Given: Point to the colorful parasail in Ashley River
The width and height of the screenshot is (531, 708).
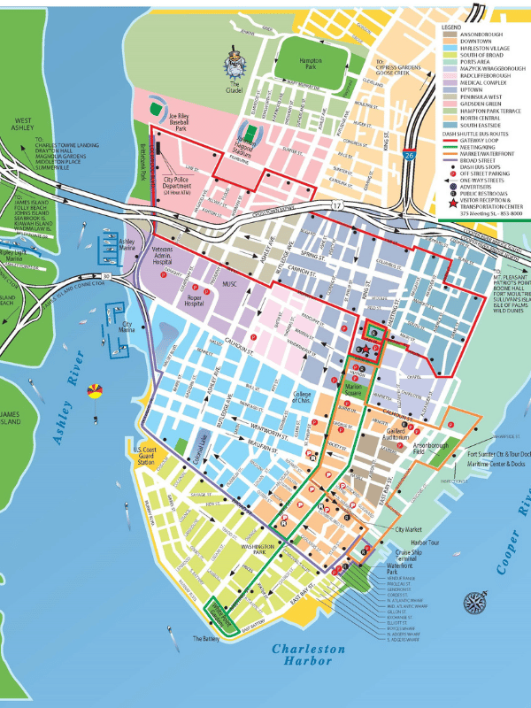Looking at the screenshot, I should coord(94,389).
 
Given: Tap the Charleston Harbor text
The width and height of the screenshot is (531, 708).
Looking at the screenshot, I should coord(308,656).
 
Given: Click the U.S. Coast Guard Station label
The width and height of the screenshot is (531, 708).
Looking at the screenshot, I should coord(145,456).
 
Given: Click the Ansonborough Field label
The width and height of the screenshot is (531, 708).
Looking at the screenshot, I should coord(431,448).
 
